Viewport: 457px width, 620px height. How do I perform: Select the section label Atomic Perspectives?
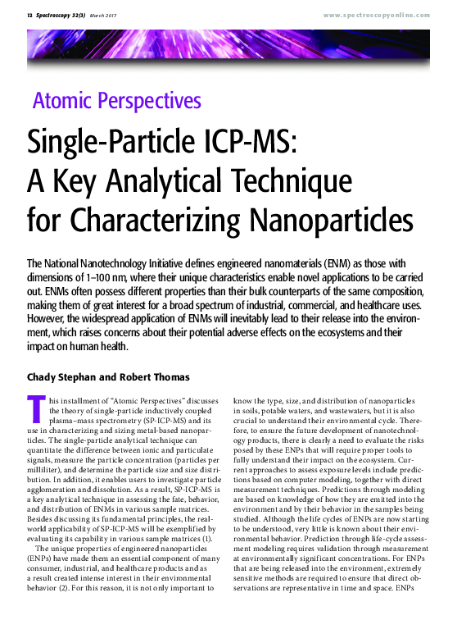click(117, 102)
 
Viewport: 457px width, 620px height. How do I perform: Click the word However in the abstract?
click(50, 319)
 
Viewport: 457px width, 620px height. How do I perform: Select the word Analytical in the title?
click(175, 180)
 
